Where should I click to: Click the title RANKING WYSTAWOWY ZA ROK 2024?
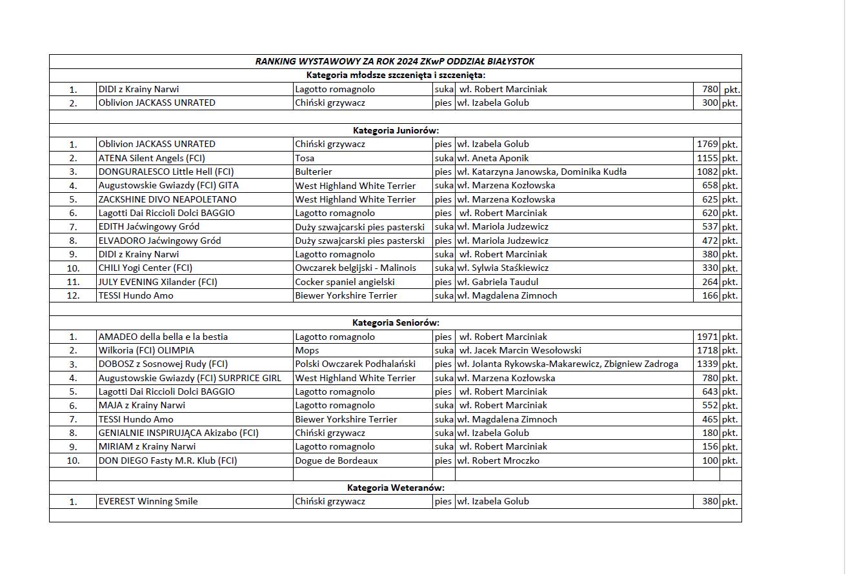pyautogui.click(x=394, y=61)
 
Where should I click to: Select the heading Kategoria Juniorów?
pyautogui.click(x=396, y=130)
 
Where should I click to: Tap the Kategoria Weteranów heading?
pyautogui.click(x=396, y=488)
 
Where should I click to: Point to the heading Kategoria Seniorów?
pyautogui.click(x=396, y=322)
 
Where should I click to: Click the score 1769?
pyautogui.click(x=707, y=144)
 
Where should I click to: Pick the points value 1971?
pyautogui.click(x=707, y=337)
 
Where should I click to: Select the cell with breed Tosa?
pyautogui.click(x=305, y=158)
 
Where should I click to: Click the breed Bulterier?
pyautogui.click(x=314, y=172)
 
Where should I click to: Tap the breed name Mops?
pyautogui.click(x=307, y=350)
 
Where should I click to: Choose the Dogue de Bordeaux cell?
pyautogui.click(x=336, y=460)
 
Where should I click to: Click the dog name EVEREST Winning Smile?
pyautogui.click(x=148, y=501)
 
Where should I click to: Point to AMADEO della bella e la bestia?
pyautogui.click(x=163, y=337)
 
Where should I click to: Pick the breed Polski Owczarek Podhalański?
pyautogui.click(x=356, y=364)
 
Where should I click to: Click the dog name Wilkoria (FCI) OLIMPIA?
pyautogui.click(x=146, y=350)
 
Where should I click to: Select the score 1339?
pyautogui.click(x=707, y=364)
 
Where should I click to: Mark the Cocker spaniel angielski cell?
pyautogui.click(x=345, y=282)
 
